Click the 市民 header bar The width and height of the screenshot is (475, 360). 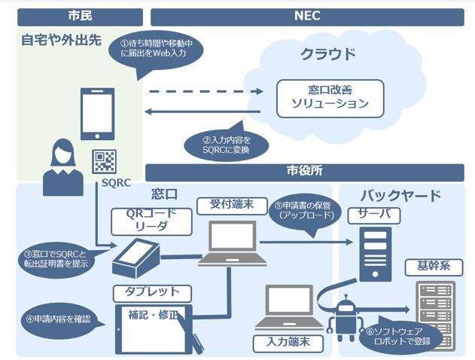[80, 15]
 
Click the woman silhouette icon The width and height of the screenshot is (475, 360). [59, 165]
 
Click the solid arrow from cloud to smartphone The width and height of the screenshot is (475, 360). [203, 113]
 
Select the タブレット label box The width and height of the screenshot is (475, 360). [151, 291]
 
